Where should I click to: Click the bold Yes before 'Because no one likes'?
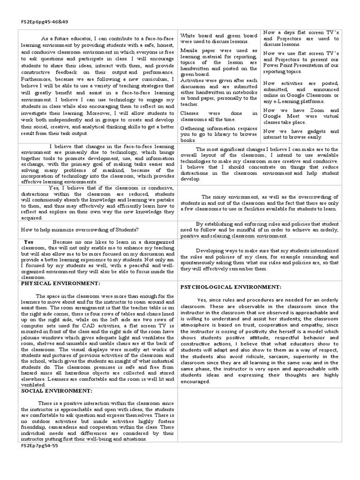coord(29,242)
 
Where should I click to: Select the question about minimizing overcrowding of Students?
coord(80,229)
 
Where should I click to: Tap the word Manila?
coord(190,50)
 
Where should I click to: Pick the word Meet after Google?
coord(299,117)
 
